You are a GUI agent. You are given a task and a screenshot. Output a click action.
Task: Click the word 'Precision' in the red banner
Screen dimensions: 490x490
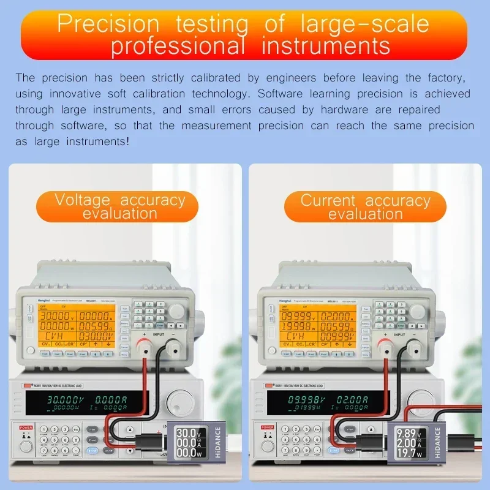tap(108, 24)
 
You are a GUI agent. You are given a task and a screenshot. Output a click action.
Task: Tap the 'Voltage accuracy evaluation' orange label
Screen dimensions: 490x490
tap(119, 206)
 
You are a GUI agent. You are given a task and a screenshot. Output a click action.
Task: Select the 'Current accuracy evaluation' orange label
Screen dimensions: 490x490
tap(365, 207)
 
